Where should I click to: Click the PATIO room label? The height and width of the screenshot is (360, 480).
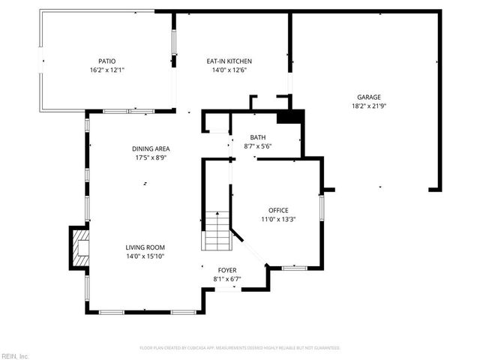pyautogui.click(x=106, y=61)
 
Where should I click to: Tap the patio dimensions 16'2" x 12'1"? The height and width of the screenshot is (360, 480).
pyautogui.click(x=106, y=70)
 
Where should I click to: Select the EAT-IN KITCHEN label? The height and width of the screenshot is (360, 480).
pyautogui.click(x=229, y=61)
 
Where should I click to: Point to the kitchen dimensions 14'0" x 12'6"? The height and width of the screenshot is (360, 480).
pyautogui.click(x=229, y=70)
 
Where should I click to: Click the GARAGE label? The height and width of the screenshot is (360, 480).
pyautogui.click(x=369, y=97)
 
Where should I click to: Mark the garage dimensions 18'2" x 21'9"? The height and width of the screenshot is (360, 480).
pyautogui.click(x=369, y=106)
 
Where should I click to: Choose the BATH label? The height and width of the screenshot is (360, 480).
pyautogui.click(x=258, y=137)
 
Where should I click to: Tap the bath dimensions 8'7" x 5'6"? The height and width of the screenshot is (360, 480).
pyautogui.click(x=258, y=145)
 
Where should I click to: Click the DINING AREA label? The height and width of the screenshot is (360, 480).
pyautogui.click(x=151, y=149)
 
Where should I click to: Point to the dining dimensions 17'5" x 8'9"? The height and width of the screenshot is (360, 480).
pyautogui.click(x=151, y=157)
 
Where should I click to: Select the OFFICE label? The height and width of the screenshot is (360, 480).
pyautogui.click(x=278, y=210)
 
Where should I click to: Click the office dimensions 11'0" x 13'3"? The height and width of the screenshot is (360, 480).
pyautogui.click(x=278, y=219)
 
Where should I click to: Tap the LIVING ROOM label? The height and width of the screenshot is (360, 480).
pyautogui.click(x=145, y=247)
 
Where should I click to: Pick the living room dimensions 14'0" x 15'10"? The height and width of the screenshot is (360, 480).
pyautogui.click(x=145, y=256)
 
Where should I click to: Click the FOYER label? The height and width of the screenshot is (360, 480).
pyautogui.click(x=227, y=270)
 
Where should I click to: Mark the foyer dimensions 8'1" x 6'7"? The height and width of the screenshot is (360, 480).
pyautogui.click(x=227, y=279)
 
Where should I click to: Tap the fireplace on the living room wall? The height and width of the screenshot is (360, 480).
pyautogui.click(x=79, y=247)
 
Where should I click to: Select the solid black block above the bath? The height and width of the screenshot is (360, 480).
pyautogui.click(x=290, y=116)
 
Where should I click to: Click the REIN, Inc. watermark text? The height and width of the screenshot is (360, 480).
pyautogui.click(x=15, y=355)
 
